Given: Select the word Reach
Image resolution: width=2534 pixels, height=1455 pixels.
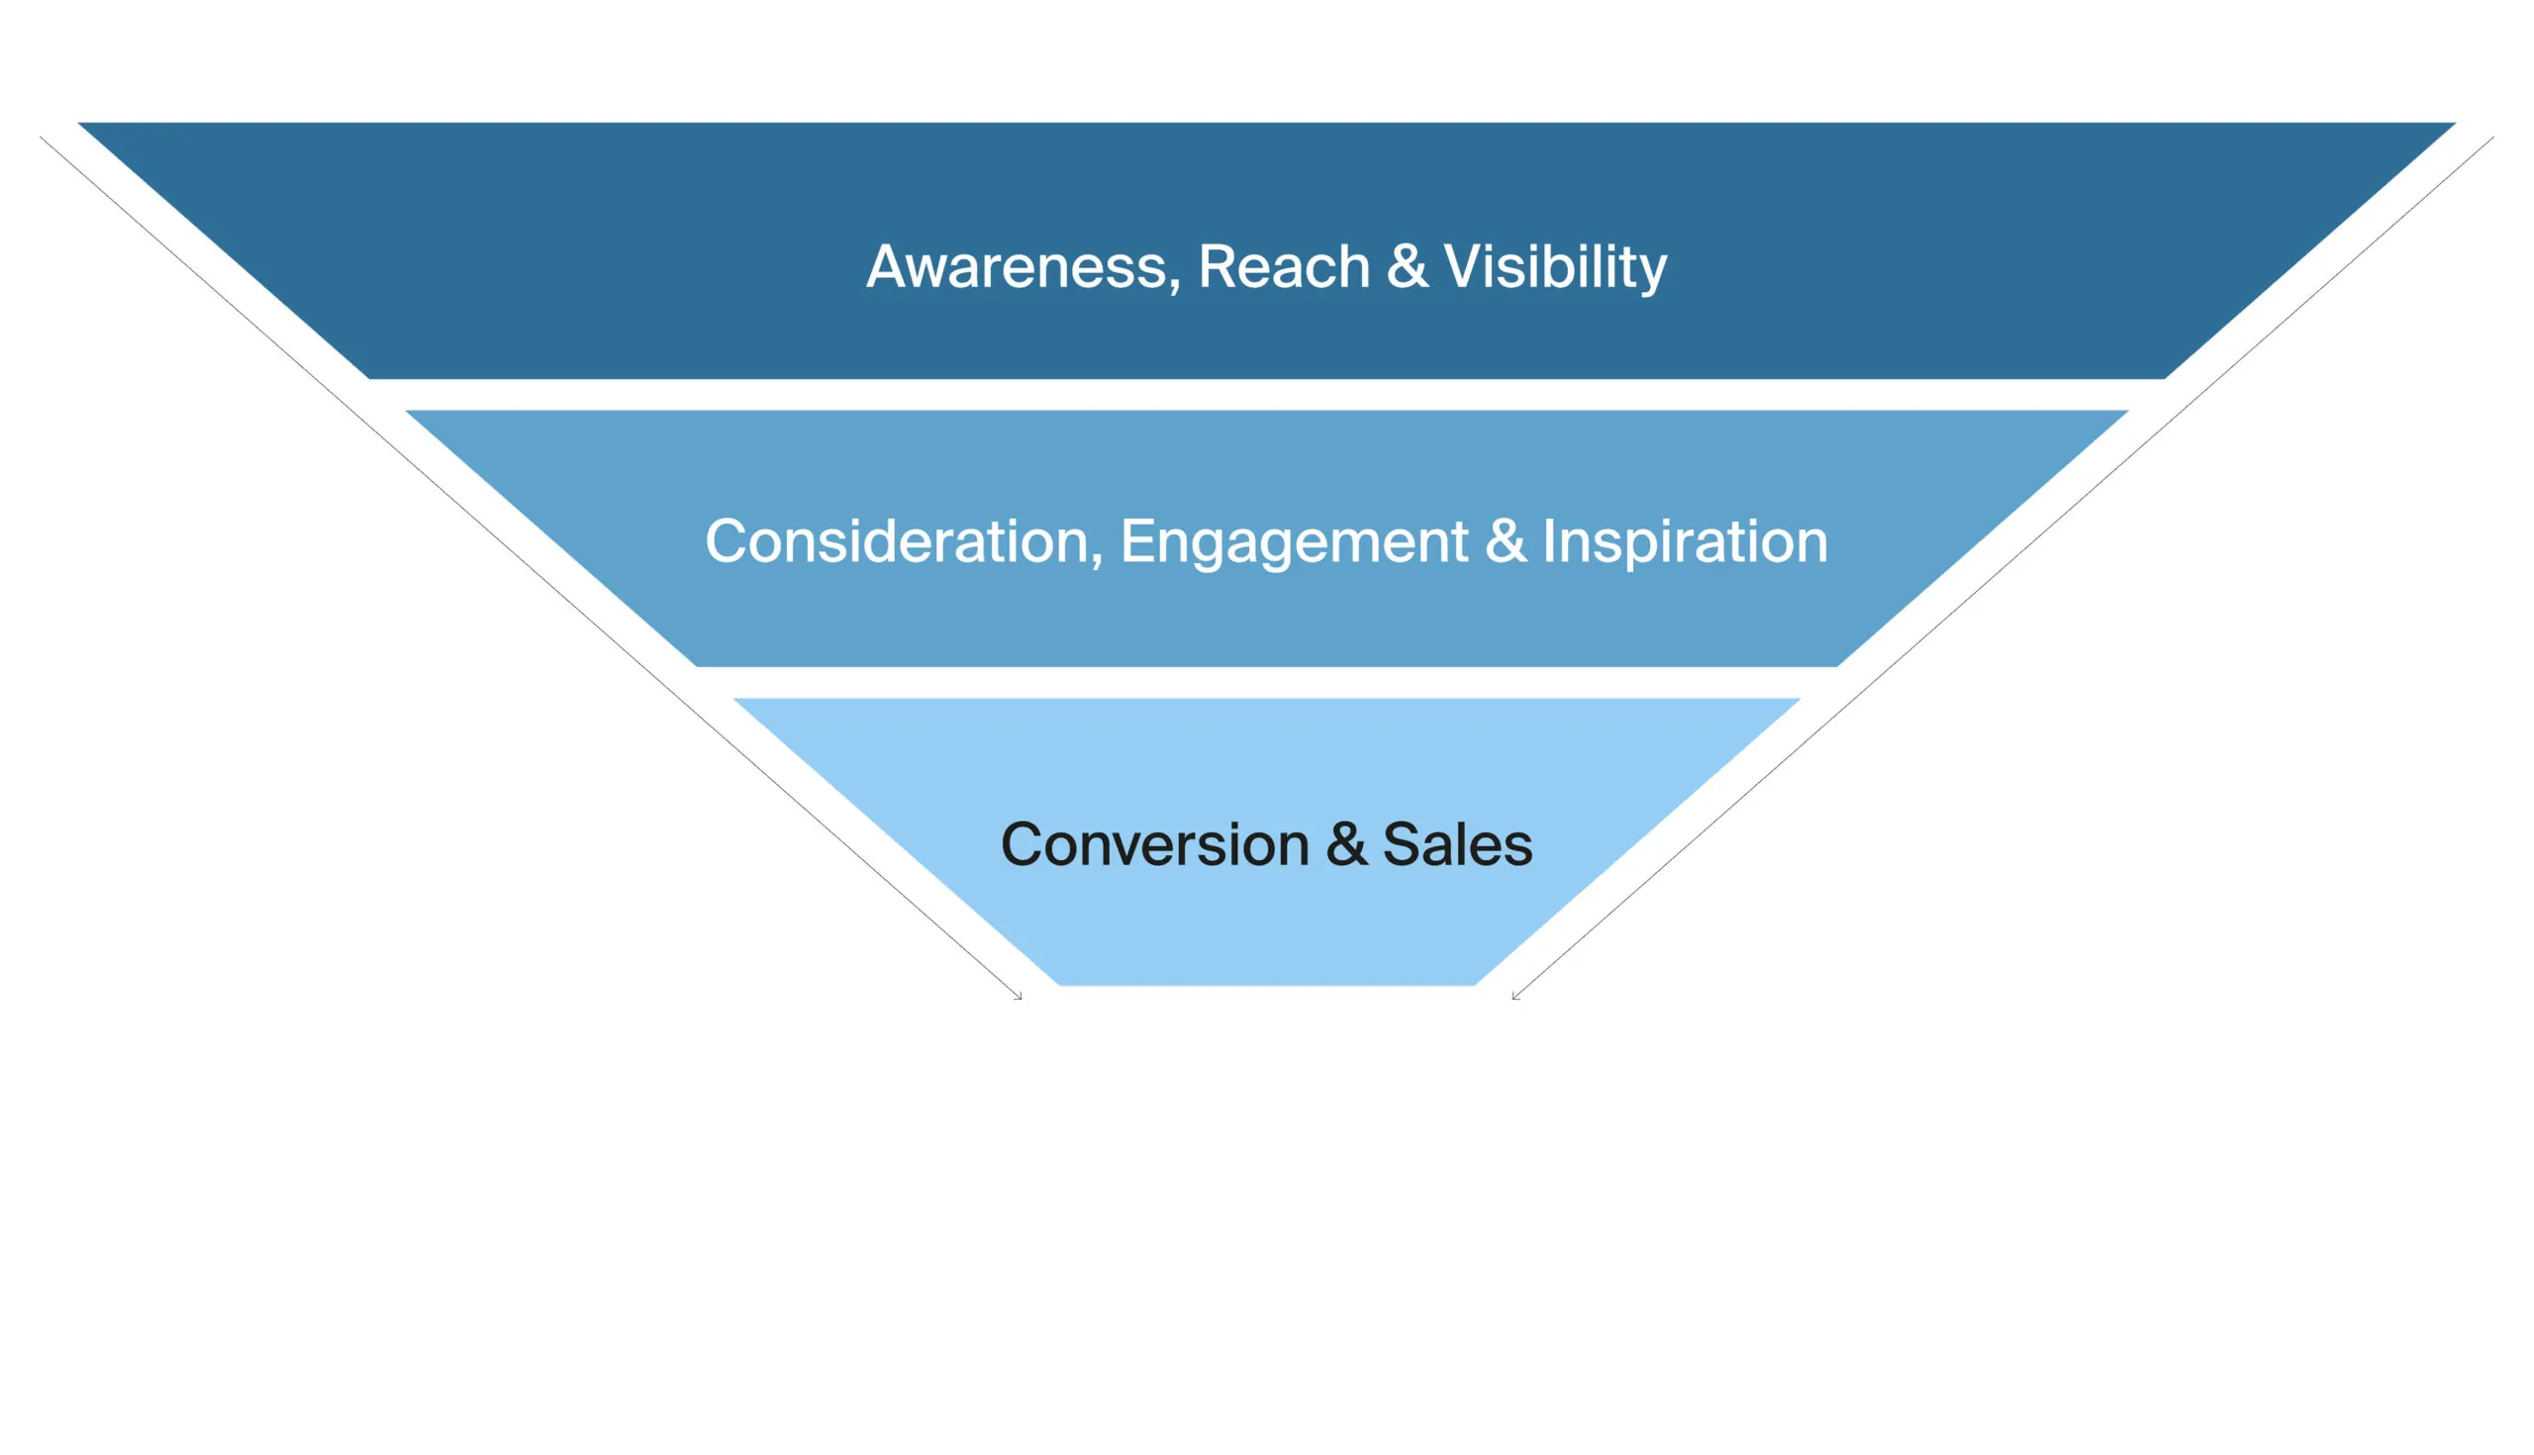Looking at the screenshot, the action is (x=1283, y=268).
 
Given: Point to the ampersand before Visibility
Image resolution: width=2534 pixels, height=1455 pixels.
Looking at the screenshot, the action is (x=1407, y=268).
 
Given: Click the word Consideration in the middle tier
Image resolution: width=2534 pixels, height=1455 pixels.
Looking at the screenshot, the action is (x=896, y=541).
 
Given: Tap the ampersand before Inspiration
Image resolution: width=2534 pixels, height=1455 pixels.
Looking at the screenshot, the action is (x=1506, y=541).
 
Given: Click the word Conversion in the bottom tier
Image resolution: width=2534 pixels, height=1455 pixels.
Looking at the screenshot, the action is (x=1154, y=844).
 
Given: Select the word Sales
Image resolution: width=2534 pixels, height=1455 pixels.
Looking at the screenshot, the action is (x=1457, y=844).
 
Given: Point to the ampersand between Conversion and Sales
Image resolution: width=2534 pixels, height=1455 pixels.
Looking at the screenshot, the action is (x=1346, y=844).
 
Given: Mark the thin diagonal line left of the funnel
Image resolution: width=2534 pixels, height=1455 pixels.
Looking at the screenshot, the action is (x=531, y=567).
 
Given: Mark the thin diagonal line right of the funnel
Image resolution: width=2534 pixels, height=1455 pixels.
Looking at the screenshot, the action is (x=2003, y=567).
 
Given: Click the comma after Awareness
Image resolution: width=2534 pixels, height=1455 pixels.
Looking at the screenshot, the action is (x=1174, y=288).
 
